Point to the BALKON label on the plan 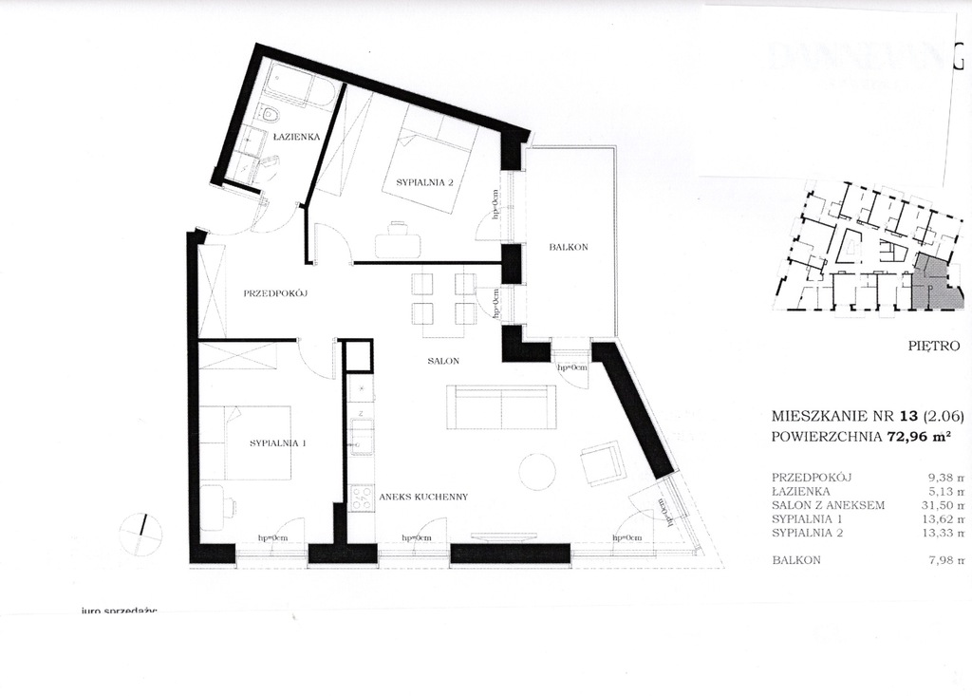(x=569, y=248)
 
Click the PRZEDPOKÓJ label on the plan (x=276, y=293)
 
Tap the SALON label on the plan (x=443, y=362)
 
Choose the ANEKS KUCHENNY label (x=422, y=497)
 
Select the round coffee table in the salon (x=536, y=472)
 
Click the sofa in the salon (x=501, y=406)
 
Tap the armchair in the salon (x=602, y=464)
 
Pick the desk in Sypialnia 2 (x=398, y=245)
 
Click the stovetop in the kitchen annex (x=362, y=498)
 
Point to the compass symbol (x=142, y=533)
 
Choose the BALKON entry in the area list (x=796, y=560)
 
